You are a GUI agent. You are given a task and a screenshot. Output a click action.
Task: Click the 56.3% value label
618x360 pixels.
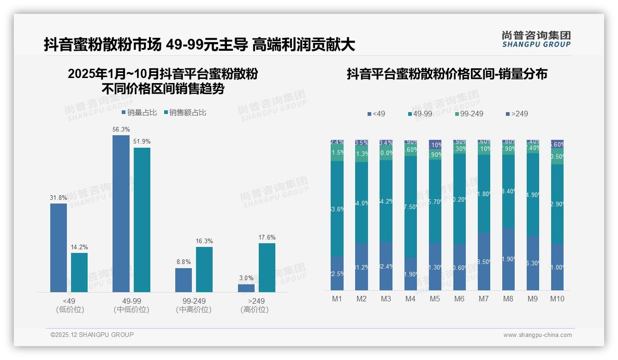(x=121, y=129)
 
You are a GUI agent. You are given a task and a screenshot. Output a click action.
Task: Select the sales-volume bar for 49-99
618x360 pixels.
(x=121, y=213)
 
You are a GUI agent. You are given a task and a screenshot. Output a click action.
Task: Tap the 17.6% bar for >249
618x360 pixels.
(x=267, y=268)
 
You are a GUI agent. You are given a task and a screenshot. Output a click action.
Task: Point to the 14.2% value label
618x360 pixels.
(x=79, y=247)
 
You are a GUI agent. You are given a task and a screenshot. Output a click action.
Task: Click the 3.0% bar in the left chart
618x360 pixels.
(x=246, y=288)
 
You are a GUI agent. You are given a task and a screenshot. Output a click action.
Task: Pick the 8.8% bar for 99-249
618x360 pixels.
(x=183, y=280)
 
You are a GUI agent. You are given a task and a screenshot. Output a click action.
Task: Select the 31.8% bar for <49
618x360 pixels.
(x=59, y=248)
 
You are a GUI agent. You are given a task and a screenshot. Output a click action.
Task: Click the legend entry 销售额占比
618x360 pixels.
(x=185, y=113)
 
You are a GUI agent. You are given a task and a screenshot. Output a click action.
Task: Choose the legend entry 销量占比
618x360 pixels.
(x=139, y=113)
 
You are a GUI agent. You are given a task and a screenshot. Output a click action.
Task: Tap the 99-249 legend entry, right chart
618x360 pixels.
(x=469, y=114)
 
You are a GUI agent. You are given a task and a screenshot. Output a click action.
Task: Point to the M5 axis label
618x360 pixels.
(x=435, y=299)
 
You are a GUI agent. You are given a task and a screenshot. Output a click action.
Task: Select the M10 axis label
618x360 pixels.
(x=557, y=299)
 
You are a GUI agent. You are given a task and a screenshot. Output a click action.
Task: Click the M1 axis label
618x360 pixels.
(x=337, y=299)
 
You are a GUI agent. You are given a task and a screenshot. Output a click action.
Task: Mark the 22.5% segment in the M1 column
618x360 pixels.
(x=337, y=273)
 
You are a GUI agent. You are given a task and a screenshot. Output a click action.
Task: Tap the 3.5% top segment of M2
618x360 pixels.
(x=362, y=143)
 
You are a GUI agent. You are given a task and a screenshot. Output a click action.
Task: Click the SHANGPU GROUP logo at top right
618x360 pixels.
(x=536, y=39)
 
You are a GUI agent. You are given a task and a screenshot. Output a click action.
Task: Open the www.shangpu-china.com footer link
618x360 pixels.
(x=537, y=335)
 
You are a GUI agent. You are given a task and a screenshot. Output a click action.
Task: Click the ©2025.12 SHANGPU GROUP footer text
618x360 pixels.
(x=92, y=335)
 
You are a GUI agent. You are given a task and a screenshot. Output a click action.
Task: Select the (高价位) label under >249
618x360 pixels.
(x=254, y=310)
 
